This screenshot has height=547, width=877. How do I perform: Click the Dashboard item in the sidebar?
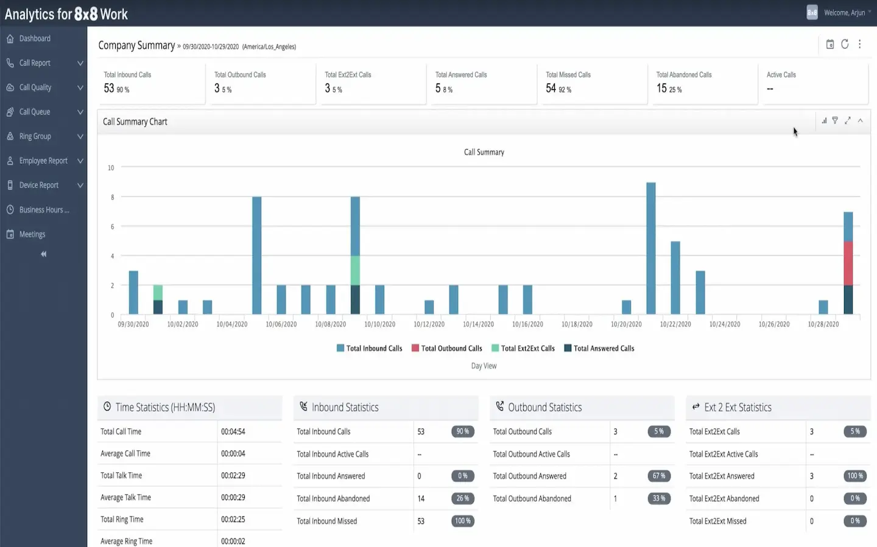click(35, 38)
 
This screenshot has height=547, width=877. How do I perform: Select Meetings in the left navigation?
click(32, 234)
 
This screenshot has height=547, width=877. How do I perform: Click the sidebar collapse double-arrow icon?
click(43, 254)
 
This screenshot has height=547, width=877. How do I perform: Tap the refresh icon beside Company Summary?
click(845, 44)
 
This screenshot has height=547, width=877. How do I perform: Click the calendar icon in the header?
click(829, 44)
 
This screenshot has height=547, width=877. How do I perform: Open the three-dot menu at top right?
click(860, 44)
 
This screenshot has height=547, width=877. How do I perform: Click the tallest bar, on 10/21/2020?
click(650, 248)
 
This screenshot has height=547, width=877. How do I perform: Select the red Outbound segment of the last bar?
click(848, 263)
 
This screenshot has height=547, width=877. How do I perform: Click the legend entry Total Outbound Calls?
click(451, 349)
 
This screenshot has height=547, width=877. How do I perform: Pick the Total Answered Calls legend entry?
click(604, 349)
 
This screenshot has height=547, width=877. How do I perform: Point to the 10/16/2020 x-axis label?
click(527, 324)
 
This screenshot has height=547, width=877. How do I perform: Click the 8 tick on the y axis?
click(112, 197)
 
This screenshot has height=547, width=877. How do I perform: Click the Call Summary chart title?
click(484, 152)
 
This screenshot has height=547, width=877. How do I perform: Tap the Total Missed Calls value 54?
click(551, 89)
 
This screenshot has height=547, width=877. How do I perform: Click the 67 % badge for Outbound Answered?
click(658, 476)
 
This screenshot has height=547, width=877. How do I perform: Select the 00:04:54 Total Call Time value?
click(233, 431)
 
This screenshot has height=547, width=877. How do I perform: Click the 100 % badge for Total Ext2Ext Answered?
click(855, 476)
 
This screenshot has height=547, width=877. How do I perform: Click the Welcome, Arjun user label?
click(844, 13)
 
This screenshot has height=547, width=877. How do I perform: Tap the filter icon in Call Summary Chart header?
click(835, 120)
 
